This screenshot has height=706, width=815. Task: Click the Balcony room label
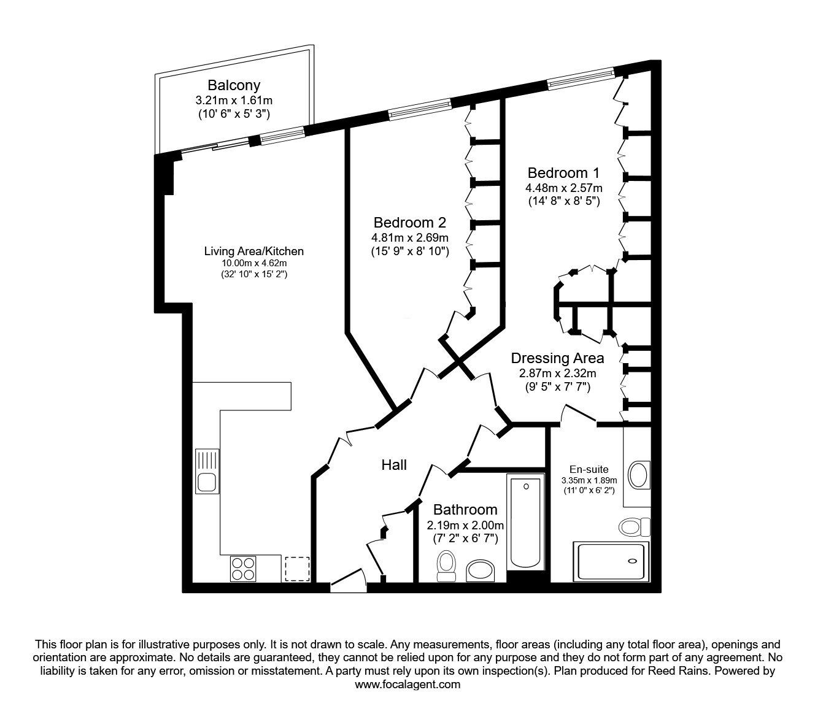(x=234, y=85)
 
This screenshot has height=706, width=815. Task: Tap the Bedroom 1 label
(x=563, y=172)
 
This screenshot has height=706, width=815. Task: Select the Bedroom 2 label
(x=410, y=222)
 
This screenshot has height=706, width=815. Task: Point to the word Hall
(x=394, y=465)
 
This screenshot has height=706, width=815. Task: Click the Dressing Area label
(x=557, y=358)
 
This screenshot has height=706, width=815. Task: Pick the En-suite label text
(x=589, y=469)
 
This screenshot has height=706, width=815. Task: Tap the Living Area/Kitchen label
(x=254, y=251)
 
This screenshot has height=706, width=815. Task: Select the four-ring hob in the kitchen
(x=243, y=569)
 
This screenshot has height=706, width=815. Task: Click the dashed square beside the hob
(x=297, y=569)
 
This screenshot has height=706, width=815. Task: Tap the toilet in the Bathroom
(x=446, y=566)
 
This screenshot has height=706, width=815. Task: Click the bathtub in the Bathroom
(x=525, y=523)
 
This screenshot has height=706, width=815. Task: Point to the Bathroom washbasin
(x=481, y=571)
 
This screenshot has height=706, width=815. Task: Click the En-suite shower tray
(x=611, y=562)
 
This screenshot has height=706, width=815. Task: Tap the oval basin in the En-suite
(x=639, y=475)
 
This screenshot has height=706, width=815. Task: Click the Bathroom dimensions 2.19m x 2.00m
(x=465, y=526)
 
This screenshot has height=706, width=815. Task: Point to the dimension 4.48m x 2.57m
(x=564, y=188)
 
